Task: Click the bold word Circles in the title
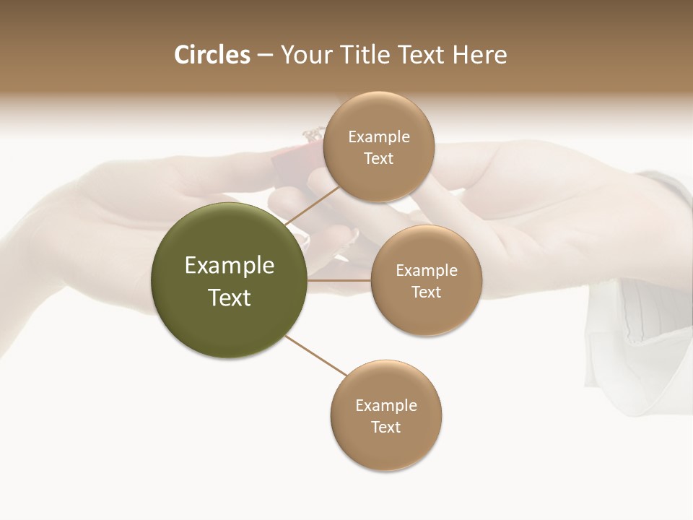click(212, 55)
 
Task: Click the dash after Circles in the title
click(265, 56)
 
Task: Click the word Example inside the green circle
click(230, 265)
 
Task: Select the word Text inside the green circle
click(230, 298)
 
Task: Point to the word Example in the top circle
click(378, 136)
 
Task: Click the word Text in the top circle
click(378, 159)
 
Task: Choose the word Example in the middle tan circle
click(426, 270)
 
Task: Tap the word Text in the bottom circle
click(385, 428)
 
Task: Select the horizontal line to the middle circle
click(339, 280)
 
